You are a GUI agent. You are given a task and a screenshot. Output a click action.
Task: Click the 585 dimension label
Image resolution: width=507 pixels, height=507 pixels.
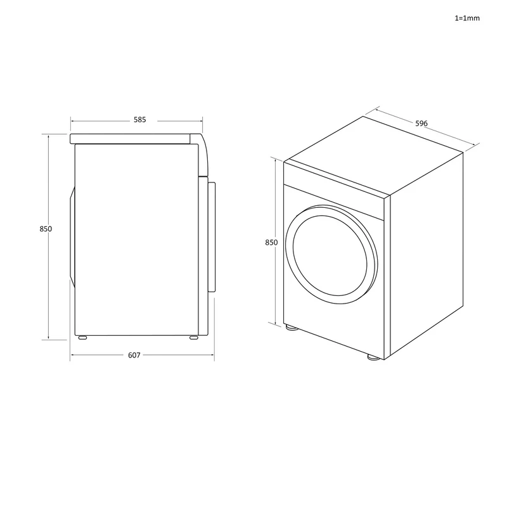tap(139, 120)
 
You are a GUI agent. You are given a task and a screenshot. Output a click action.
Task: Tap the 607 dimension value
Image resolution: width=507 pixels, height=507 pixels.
tap(134, 355)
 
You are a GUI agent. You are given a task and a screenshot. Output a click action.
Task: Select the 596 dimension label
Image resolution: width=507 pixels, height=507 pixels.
tap(421, 123)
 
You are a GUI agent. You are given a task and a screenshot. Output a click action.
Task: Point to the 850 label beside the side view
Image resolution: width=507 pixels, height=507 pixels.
tap(46, 229)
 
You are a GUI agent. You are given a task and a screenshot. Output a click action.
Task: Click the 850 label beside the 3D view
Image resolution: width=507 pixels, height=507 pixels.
tap(271, 242)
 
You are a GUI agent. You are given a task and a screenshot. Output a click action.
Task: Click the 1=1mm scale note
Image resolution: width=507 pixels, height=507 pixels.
tap(467, 18)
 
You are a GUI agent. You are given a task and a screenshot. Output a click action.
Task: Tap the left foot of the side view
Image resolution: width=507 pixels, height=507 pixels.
tap(82, 338)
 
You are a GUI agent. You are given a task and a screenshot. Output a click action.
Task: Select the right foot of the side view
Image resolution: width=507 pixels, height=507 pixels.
tap(194, 338)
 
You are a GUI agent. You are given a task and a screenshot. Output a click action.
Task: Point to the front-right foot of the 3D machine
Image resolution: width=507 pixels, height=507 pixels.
tap(373, 357)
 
